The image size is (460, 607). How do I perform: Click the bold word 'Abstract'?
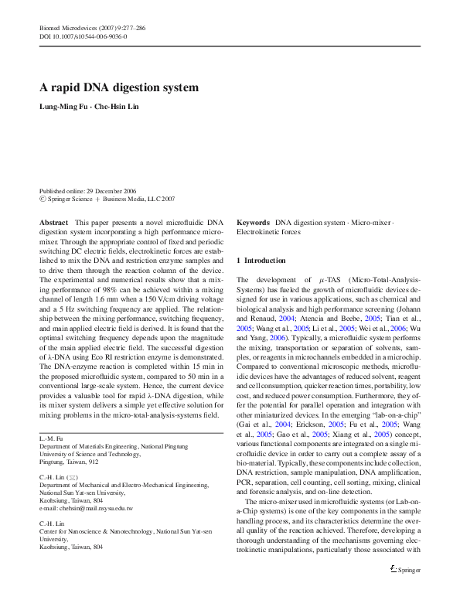[53, 222]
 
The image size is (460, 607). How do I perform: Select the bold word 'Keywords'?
[253, 222]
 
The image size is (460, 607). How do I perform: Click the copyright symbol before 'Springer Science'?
[43, 199]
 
